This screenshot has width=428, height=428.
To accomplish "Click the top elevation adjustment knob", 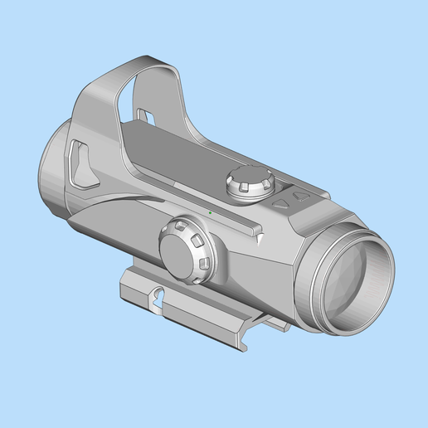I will coord(250,182).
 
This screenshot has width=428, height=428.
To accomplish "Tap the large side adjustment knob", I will coord(187,250).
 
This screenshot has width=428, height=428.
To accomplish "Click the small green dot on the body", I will coord(211,213).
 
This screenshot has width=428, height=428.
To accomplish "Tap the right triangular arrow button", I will coord(301,197).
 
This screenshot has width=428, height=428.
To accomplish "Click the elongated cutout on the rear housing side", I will coord(80,163).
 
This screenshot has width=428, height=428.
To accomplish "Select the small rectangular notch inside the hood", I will coord(143,114).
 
